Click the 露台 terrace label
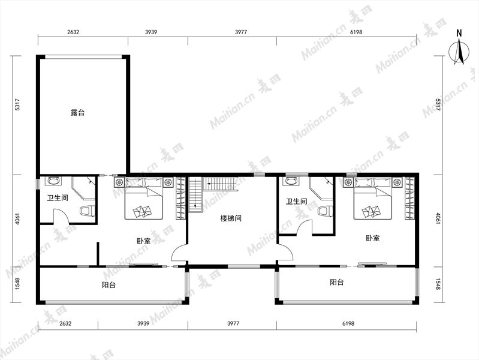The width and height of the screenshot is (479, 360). coord(77,113)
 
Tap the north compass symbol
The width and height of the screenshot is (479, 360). coord(459,49)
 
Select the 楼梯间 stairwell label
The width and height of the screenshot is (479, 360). coord(231,218)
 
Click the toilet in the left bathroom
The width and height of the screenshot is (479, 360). coord(88,211)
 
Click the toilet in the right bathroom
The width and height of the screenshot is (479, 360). coord(326,211)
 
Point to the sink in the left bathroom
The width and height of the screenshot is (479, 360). coord(53,181)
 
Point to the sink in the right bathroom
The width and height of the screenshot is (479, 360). coord(293,181)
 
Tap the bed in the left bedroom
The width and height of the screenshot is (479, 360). coord(143,198)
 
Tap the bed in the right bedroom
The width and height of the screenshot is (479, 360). coord(373,199)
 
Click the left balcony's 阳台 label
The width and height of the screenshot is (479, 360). coord(109,285)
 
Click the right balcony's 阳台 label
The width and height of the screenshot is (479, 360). coord(337,282)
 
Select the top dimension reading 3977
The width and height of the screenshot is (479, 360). coord(241,32)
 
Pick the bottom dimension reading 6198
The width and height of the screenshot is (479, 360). coord(348,323)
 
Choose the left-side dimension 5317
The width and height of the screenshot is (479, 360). coord(17,104)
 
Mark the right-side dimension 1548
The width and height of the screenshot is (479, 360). coord(438,284)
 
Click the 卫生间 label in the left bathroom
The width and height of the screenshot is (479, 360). coord(58,198)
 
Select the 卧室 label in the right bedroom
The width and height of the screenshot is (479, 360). coord(373,238)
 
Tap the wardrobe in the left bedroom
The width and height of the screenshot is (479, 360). coord(180,198)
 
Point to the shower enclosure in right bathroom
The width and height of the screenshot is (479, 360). coord(321,188)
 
